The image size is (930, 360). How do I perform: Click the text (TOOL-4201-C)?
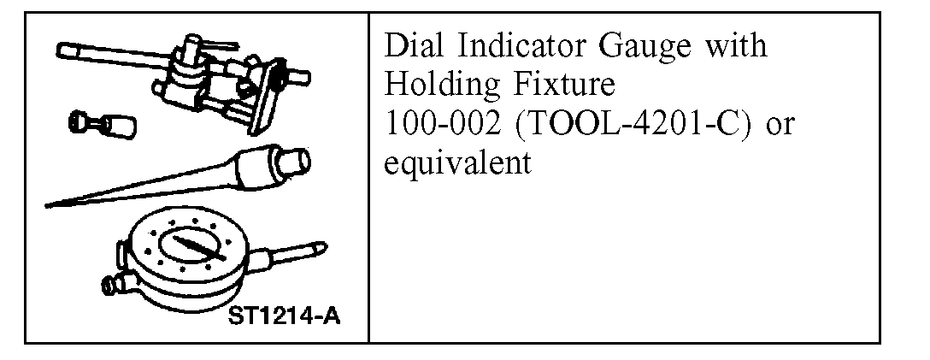click(x=621, y=125)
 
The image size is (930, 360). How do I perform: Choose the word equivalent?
click(x=458, y=163)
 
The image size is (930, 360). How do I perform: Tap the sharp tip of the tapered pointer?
click(x=49, y=204)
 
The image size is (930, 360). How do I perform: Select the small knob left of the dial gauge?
click(x=109, y=283)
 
